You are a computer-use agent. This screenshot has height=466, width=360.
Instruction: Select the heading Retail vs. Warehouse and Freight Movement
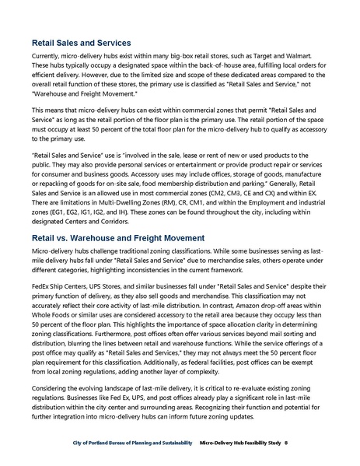coord(117,215)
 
